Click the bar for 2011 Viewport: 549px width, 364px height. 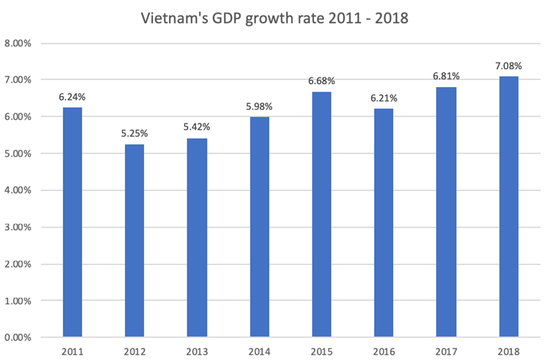[73, 223]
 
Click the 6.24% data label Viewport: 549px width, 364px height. [73, 97]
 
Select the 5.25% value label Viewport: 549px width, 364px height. [135, 133]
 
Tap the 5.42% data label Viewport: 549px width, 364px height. [197, 127]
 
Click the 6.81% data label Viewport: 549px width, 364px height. [446, 76]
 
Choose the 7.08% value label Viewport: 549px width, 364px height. [508, 65]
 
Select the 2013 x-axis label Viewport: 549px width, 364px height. [197, 352]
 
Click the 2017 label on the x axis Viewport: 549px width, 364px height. [446, 352]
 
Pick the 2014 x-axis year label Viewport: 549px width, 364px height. [260, 352]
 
